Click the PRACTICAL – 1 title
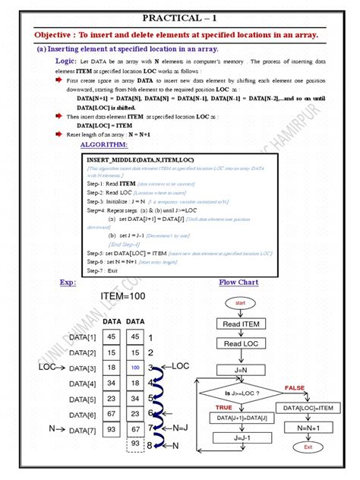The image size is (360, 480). point(181,17)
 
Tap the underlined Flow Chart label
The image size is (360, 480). point(238,283)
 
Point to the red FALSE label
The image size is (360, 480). point(294,387)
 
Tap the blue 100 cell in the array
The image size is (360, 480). point(134,367)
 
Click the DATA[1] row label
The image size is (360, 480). point(82,336)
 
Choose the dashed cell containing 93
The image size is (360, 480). point(134,443)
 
